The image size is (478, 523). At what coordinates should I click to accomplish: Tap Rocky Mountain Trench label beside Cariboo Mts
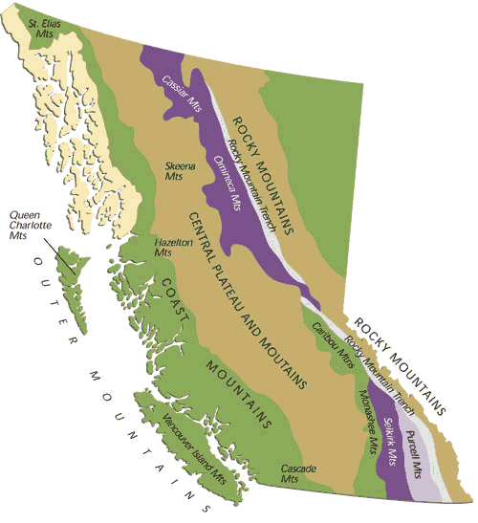coord(382,373)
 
